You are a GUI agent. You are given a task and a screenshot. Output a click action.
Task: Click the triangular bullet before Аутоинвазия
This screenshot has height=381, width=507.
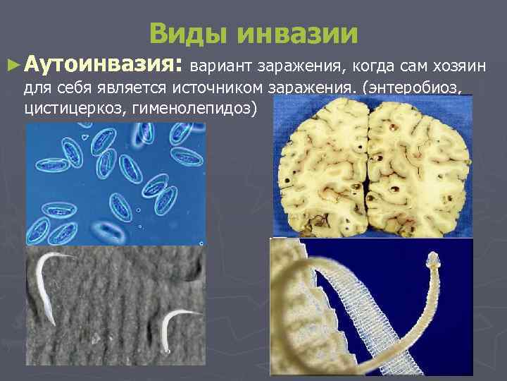click(x=12, y=66)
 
